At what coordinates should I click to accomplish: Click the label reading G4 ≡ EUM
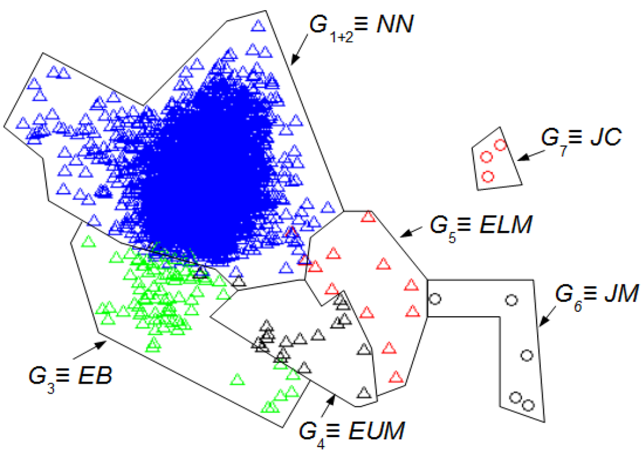(x=352, y=433)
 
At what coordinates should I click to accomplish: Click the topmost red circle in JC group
(x=500, y=145)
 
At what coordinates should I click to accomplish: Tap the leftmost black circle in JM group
(x=434, y=299)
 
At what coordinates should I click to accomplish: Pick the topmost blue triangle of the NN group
(x=257, y=26)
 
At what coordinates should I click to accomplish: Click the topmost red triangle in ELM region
(x=368, y=217)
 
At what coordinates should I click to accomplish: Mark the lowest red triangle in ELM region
(x=396, y=377)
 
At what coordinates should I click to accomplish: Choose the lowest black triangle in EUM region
(x=363, y=393)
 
